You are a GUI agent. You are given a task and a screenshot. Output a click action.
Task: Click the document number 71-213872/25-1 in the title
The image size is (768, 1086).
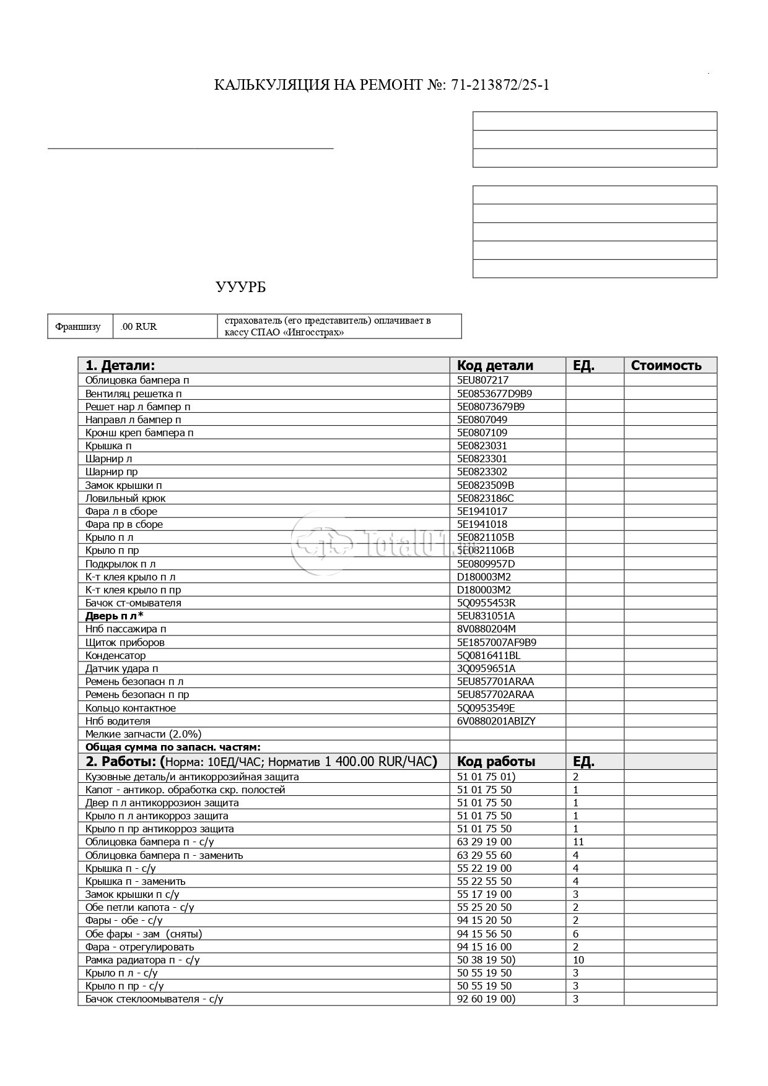(500, 85)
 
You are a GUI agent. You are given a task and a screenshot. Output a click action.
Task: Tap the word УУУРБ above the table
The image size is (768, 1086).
(241, 287)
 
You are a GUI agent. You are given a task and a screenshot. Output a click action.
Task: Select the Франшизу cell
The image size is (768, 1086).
(78, 327)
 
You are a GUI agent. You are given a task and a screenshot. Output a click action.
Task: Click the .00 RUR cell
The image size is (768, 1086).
(139, 327)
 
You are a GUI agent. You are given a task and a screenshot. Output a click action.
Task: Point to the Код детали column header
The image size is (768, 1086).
(495, 365)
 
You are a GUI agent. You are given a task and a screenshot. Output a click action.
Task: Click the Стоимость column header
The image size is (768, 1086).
(666, 365)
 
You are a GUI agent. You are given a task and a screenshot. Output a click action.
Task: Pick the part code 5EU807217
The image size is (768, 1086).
(482, 380)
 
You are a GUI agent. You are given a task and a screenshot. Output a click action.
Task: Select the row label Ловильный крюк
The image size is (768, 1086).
(126, 498)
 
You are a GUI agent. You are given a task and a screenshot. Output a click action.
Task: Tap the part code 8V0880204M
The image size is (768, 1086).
(486, 629)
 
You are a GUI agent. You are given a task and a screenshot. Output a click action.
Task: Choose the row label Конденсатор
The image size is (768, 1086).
(116, 655)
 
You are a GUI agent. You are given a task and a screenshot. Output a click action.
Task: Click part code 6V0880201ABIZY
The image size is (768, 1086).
(496, 721)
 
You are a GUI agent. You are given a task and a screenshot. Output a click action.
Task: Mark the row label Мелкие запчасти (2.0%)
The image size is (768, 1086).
(144, 734)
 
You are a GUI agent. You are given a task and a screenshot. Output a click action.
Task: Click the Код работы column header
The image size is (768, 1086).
(496, 761)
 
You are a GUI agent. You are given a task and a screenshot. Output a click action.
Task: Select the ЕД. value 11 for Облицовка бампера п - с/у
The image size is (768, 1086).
(578, 842)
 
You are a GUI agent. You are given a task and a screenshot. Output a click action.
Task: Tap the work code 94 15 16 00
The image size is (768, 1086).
(484, 947)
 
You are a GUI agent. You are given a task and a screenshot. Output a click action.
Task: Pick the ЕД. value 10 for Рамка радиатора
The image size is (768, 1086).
(578, 960)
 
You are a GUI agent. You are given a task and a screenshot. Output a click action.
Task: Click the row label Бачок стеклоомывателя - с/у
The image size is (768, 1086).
(154, 999)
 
